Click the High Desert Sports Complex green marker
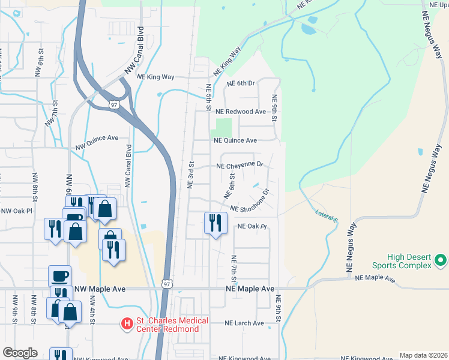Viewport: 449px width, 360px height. (x=441, y=260)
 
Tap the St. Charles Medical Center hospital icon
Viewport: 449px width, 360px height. (x=127, y=324)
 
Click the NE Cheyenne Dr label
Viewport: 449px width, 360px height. (x=240, y=165)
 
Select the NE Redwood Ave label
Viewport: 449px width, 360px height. (x=241, y=112)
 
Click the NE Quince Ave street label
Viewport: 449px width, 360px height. (x=236, y=140)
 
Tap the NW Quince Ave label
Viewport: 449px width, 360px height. (x=97, y=142)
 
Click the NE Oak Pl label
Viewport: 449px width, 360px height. (x=252, y=227)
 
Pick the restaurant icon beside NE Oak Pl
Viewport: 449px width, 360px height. (x=214, y=223)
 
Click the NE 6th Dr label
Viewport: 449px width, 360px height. (x=241, y=84)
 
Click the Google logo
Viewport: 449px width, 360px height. (x=20, y=353)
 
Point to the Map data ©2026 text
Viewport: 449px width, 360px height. (x=423, y=355)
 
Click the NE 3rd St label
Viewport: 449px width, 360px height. (x=191, y=175)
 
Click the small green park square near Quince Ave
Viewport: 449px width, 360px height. (x=223, y=127)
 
